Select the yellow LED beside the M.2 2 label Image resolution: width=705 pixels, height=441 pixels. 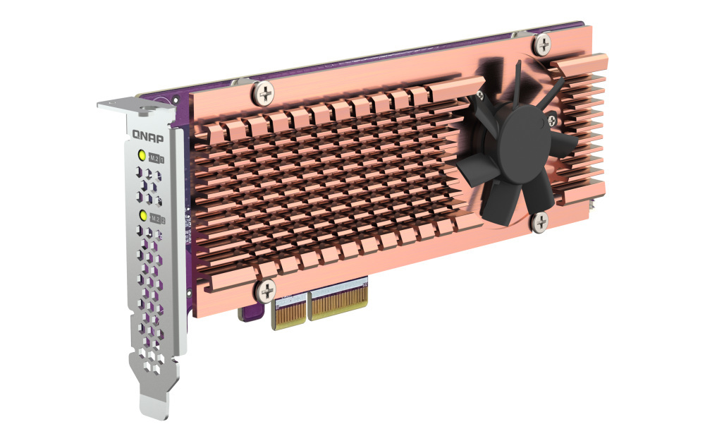(x=143, y=215)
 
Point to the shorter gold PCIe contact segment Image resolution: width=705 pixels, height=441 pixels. (x=289, y=310)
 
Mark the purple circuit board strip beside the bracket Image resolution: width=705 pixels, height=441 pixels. (x=185, y=212)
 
